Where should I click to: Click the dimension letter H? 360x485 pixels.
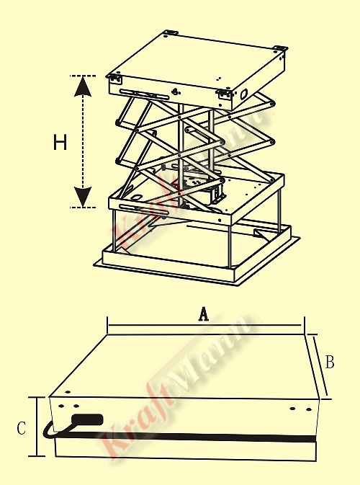tap(60, 142)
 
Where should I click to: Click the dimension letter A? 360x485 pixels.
tap(203, 314)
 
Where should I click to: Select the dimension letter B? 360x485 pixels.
tap(330, 362)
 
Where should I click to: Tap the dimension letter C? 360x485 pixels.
tap(22, 428)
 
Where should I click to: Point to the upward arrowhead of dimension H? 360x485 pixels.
tap(83, 86)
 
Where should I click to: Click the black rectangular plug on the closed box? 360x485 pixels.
tap(87, 419)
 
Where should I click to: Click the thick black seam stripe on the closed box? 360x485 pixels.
tap(186, 437)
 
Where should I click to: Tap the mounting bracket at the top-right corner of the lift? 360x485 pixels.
tap(280, 48)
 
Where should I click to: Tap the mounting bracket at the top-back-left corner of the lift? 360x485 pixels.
tap(171, 32)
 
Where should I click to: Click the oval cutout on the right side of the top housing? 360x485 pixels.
tap(244, 94)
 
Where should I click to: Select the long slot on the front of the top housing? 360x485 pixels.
tap(145, 94)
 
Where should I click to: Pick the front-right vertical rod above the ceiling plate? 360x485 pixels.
tap(230, 246)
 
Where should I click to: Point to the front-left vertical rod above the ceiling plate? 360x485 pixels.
tap(114, 230)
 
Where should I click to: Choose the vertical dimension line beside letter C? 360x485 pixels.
tap(37, 427)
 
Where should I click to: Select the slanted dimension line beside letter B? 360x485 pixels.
tap(320, 366)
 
